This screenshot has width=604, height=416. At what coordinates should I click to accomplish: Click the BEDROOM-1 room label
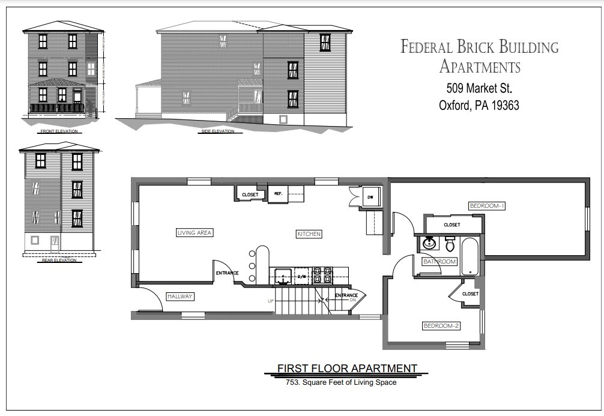pos(487,206)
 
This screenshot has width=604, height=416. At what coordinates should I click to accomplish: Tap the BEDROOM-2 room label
pos(441,326)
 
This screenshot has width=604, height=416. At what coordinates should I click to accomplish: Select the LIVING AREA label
pos(195,232)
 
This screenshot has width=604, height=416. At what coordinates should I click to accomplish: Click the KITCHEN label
pos(308,234)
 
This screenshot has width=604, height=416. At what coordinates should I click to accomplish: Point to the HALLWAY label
pos(181,297)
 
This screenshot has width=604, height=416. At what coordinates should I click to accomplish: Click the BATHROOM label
pos(439,262)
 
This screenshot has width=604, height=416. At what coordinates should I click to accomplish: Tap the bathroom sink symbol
pos(429,244)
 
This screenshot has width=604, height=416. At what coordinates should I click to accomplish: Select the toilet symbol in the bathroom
pos(450,244)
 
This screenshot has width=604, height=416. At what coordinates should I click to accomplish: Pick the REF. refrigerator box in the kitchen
pos(278,194)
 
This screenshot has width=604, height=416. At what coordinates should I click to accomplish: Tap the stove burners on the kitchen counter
pos(322,276)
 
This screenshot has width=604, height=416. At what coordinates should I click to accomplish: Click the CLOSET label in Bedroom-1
pos(451,225)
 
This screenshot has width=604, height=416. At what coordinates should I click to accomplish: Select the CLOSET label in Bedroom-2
pos(470,294)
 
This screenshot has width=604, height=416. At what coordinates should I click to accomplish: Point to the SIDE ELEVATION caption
pos(218,131)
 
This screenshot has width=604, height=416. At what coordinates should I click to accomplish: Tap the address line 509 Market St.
pos(479,88)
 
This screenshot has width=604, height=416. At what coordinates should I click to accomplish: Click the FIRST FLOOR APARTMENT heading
pos(346,368)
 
